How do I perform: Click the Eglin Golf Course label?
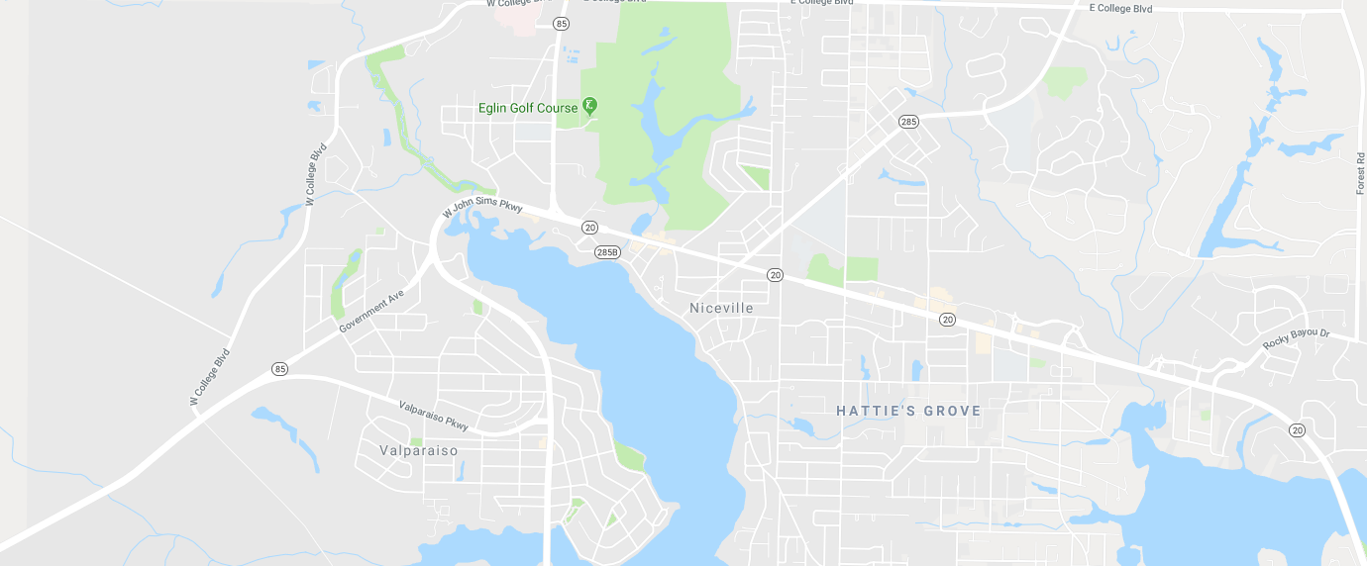click(x=527, y=108)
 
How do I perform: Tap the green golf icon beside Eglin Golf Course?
click(x=590, y=106)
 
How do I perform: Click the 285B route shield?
click(x=607, y=252)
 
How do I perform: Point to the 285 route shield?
click(x=908, y=122)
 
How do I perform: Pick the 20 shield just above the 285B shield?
click(x=590, y=228)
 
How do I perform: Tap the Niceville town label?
click(x=721, y=308)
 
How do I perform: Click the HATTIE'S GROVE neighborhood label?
click(x=908, y=411)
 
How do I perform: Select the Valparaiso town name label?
click(x=419, y=450)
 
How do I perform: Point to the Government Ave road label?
click(x=371, y=311)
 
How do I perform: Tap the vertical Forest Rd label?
click(x=1360, y=172)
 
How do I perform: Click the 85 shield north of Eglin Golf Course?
click(x=562, y=23)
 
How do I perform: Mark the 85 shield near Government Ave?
click(x=279, y=369)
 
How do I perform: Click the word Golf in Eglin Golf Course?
click(x=538, y=108)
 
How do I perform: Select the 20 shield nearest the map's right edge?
click(x=1297, y=428)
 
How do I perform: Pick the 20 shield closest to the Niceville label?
click(x=775, y=274)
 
